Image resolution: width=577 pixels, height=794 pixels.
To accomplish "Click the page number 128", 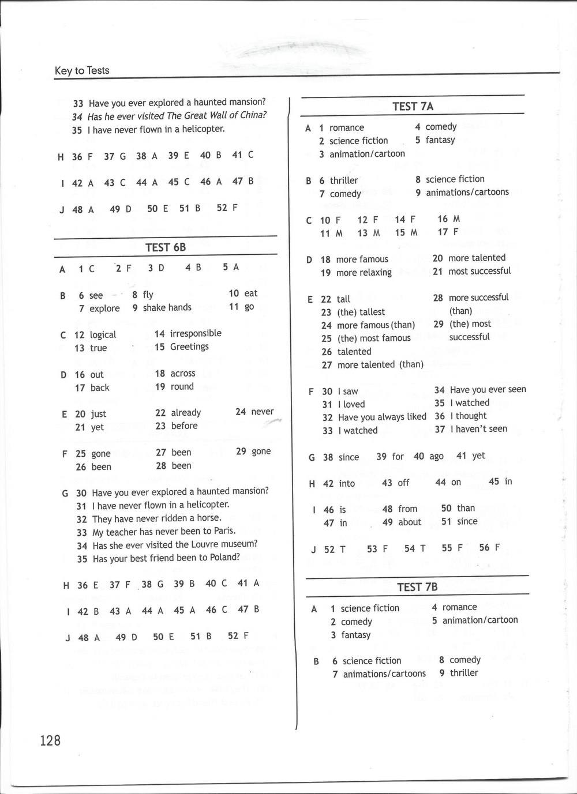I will pyautogui.click(x=50, y=740).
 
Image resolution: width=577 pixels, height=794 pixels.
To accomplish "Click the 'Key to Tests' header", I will pyautogui.click(x=82, y=70).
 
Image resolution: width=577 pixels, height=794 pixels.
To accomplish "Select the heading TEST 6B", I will pyautogui.click(x=166, y=247).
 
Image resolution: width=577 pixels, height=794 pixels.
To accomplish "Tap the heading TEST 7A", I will pyautogui.click(x=413, y=106).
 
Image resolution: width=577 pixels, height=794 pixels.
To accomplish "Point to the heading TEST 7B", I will pyautogui.click(x=417, y=587).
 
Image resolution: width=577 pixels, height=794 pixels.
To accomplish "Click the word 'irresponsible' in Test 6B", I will pyautogui.click(x=196, y=333).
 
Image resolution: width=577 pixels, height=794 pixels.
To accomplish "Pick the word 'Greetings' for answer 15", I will pyautogui.click(x=189, y=347).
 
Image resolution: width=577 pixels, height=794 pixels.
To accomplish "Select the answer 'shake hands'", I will pyautogui.click(x=167, y=307).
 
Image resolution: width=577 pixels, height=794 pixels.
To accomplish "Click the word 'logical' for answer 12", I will pyautogui.click(x=103, y=334).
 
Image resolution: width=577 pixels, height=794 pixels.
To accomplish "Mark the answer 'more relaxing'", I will pyautogui.click(x=364, y=273).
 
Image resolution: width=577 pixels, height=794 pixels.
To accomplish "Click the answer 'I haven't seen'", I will pyautogui.click(x=478, y=429).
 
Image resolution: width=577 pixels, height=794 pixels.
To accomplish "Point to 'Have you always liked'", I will pyautogui.click(x=382, y=417).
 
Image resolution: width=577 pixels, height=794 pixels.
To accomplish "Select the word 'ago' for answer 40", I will pyautogui.click(x=437, y=456).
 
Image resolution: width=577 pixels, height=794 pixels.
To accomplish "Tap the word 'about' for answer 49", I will pyautogui.click(x=410, y=522).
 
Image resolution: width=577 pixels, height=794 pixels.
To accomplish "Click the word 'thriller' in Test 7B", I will pyautogui.click(x=464, y=673).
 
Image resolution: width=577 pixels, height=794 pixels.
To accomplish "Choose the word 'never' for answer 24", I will pyautogui.click(x=263, y=412).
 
